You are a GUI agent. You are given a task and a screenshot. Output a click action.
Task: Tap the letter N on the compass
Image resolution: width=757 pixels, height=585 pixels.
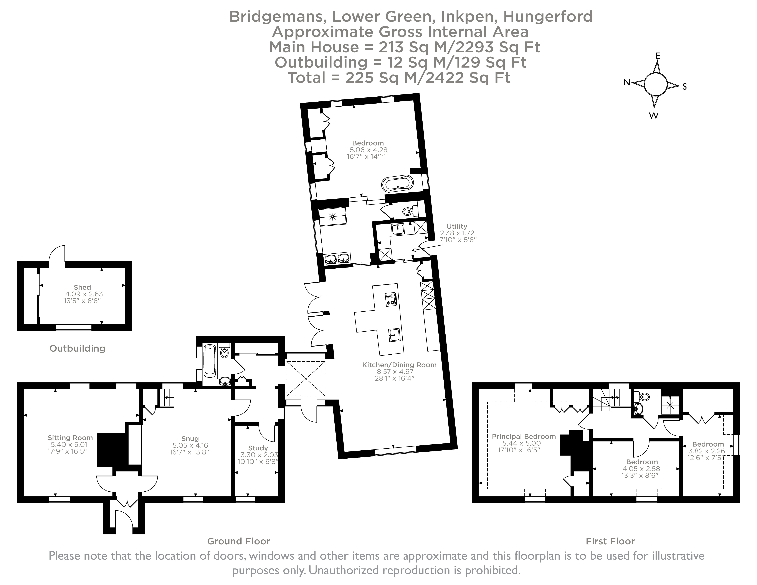(627, 83)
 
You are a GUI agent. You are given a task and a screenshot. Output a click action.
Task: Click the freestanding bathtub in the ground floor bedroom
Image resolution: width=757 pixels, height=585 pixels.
(397, 184)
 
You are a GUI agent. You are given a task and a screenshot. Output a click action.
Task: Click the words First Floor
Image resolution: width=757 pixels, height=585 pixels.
(610, 541)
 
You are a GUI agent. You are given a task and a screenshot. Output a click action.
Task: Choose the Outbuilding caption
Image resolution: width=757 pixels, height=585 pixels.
(77, 348)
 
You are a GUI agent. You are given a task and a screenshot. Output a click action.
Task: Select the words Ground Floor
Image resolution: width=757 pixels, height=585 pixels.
(238, 541)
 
